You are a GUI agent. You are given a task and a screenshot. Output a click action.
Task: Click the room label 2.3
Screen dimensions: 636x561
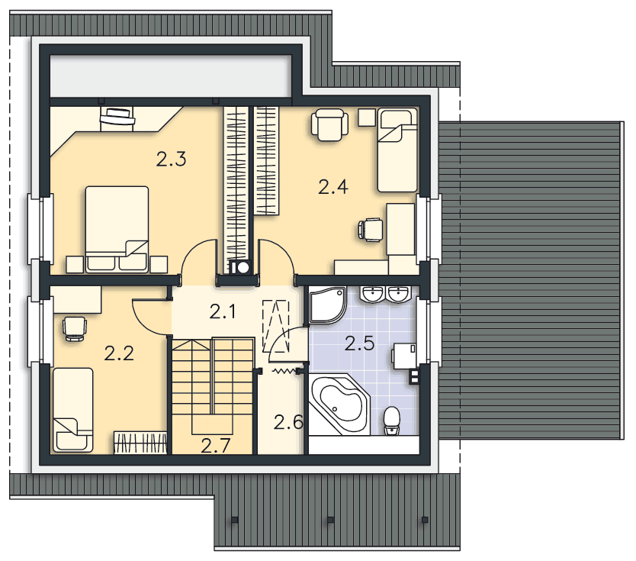(x=171, y=159)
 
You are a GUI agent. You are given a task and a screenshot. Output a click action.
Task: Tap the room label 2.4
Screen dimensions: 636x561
(x=333, y=187)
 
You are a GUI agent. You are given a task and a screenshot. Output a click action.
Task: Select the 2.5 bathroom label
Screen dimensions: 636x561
(x=359, y=343)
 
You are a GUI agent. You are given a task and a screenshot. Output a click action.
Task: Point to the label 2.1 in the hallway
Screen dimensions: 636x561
(x=223, y=311)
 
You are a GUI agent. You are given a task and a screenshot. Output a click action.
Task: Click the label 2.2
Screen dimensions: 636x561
(x=119, y=353)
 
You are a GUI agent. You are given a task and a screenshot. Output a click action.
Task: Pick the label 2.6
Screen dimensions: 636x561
(x=288, y=422)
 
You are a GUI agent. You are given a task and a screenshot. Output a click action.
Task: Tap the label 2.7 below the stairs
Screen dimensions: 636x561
(x=216, y=446)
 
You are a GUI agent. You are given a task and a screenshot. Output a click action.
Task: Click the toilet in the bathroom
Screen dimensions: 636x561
(x=391, y=421)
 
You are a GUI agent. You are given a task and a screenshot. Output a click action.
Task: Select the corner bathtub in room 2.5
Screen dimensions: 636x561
(x=339, y=404)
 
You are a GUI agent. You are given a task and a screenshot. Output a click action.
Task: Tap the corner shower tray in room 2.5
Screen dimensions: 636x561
(x=327, y=305)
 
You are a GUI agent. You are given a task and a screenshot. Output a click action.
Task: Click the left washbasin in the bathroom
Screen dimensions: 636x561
(x=372, y=294)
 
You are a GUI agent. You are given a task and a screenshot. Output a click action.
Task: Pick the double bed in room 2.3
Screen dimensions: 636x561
(x=117, y=229)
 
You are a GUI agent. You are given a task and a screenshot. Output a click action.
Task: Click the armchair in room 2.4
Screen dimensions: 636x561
(x=329, y=124)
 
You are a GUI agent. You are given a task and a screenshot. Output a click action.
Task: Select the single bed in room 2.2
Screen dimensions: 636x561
(x=73, y=410)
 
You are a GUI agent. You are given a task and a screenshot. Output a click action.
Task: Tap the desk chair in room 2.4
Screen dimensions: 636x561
(x=371, y=230)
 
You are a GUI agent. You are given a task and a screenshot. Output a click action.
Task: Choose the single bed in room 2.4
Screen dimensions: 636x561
(x=397, y=150)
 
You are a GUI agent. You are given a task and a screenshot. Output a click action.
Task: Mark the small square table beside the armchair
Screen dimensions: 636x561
(x=367, y=117)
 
